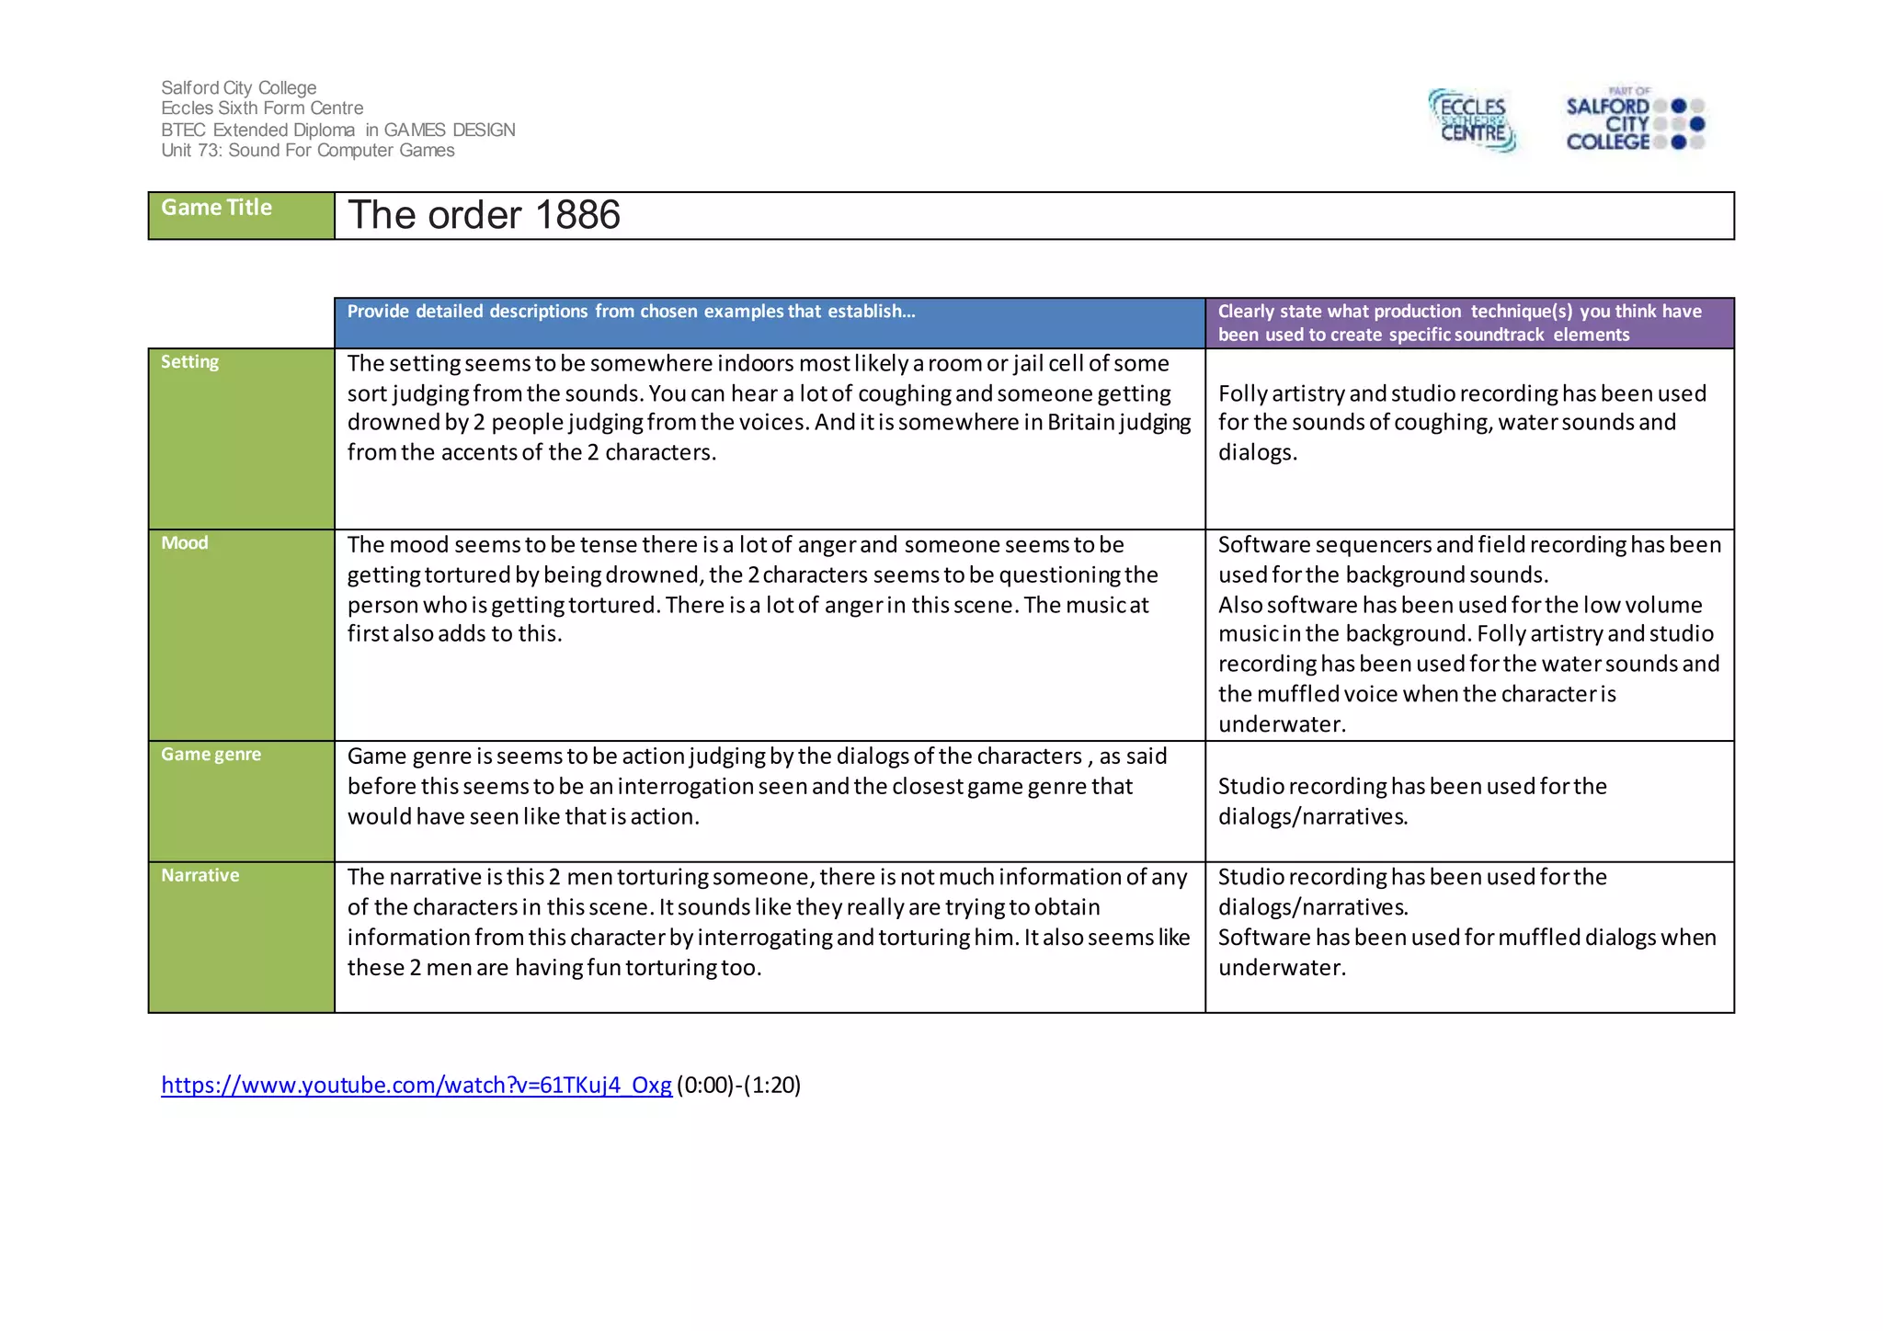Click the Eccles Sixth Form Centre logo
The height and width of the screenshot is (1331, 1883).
pos(1472,120)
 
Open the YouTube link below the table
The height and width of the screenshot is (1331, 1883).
pos(416,1086)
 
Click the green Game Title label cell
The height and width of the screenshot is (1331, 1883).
pos(241,215)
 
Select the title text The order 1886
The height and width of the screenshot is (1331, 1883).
pos(484,215)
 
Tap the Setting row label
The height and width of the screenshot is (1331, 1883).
pos(189,362)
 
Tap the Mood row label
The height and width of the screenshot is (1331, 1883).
pos(185,543)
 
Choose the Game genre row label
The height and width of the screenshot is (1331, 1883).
pos(211,755)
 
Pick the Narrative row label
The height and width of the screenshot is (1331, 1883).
pos(200,876)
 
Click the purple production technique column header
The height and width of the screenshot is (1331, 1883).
pos(1468,323)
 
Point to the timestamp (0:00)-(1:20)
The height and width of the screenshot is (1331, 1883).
pos(739,1086)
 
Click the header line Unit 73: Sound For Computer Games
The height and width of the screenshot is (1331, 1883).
pos(307,151)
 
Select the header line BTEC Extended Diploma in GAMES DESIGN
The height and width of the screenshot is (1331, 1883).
pos(337,131)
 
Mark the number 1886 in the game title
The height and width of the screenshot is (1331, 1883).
pos(577,215)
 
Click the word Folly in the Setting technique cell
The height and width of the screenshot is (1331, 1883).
pos(1246,393)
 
